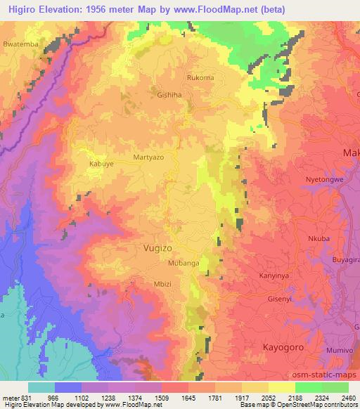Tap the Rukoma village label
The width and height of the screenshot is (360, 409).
pyautogui.click(x=200, y=78)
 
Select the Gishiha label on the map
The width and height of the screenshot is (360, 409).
pyautogui.click(x=169, y=93)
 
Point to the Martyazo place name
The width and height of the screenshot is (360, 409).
pyautogui.click(x=148, y=158)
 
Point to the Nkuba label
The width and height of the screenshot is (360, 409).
pyautogui.click(x=319, y=238)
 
